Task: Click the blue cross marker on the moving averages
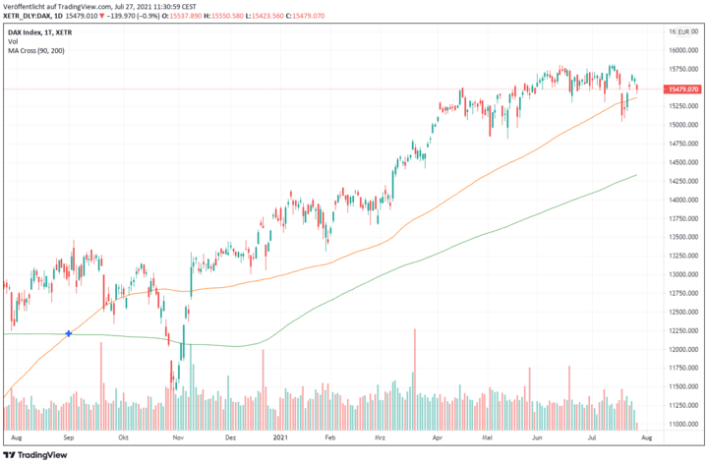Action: pyautogui.click(x=68, y=334)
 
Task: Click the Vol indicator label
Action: pyautogui.click(x=13, y=41)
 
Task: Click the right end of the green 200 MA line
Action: pyautogui.click(x=637, y=175)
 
